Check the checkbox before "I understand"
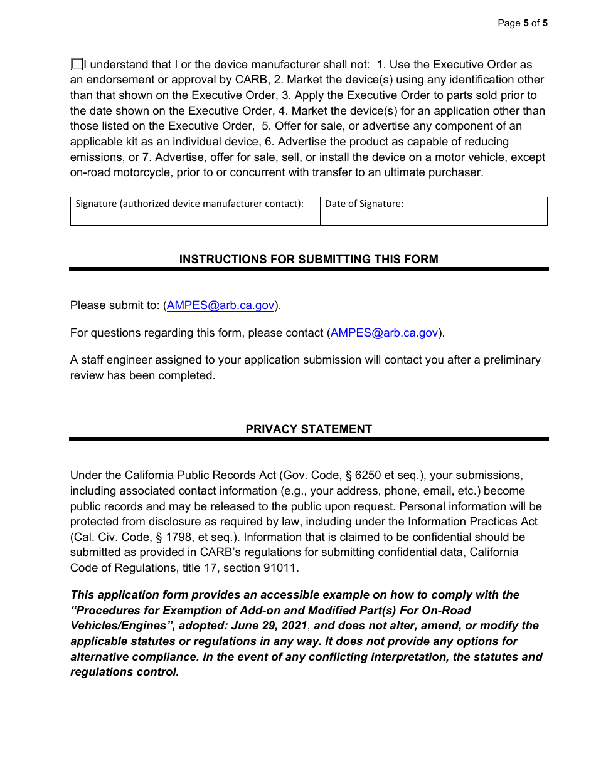coord(77,65)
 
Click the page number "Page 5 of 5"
coord(522,24)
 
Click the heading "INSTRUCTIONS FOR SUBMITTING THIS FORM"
coord(309,260)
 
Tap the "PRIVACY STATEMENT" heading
coord(309,429)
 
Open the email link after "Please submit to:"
coord(220,305)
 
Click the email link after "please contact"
coord(384,333)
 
